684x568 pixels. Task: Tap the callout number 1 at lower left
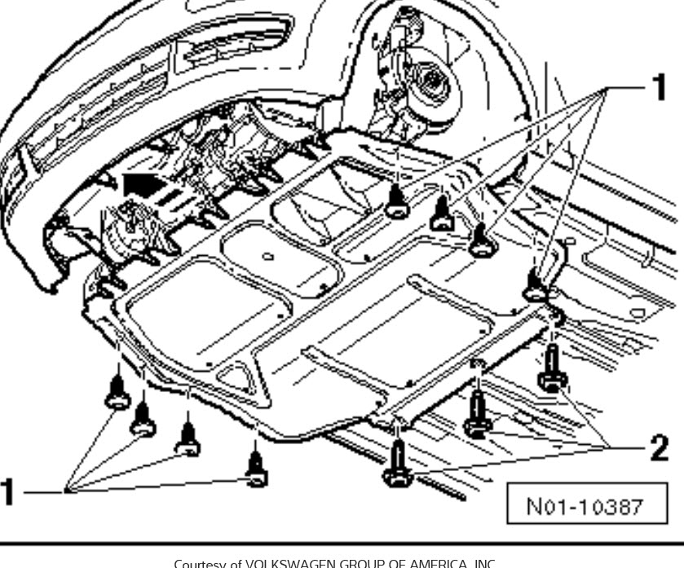[11, 492]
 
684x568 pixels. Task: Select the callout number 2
[657, 447]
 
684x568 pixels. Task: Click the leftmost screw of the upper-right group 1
[397, 202]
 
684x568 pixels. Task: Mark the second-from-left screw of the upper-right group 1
[441, 214]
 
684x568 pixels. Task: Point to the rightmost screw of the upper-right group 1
[535, 285]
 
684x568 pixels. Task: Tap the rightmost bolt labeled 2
[552, 371]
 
